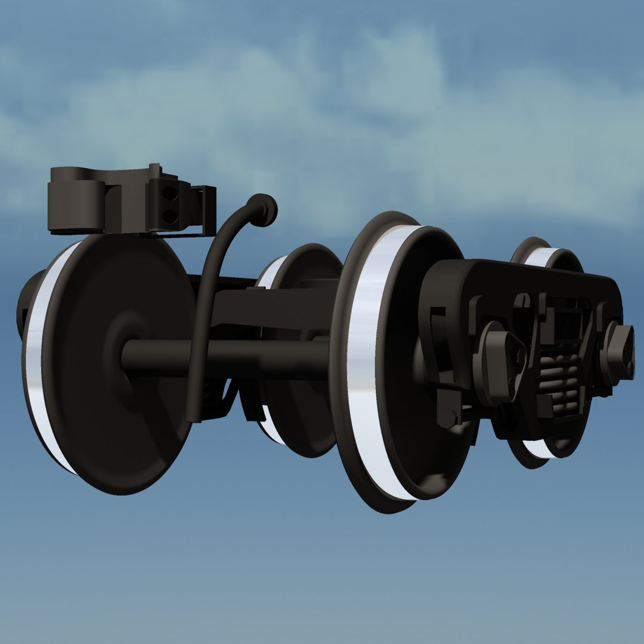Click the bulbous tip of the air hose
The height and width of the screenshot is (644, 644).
(263, 210)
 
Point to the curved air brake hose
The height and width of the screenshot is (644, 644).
(206, 310)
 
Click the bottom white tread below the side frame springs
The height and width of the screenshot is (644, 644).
(540, 450)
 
